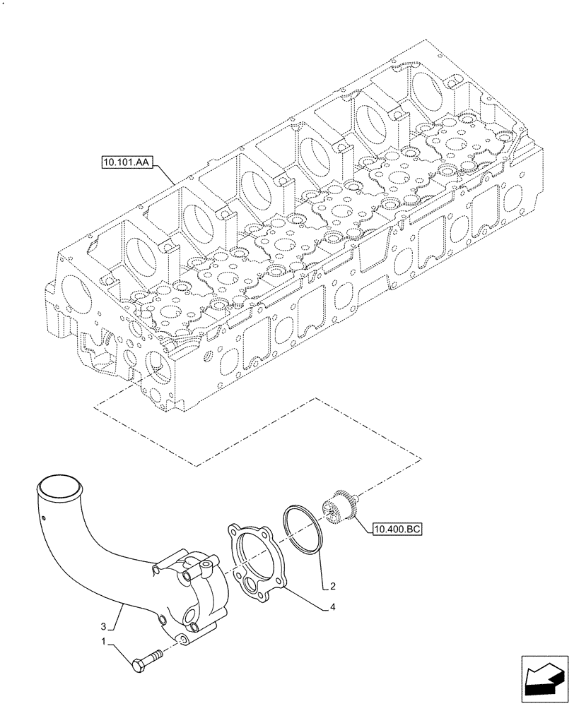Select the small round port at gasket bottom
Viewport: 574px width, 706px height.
tap(250, 584)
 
